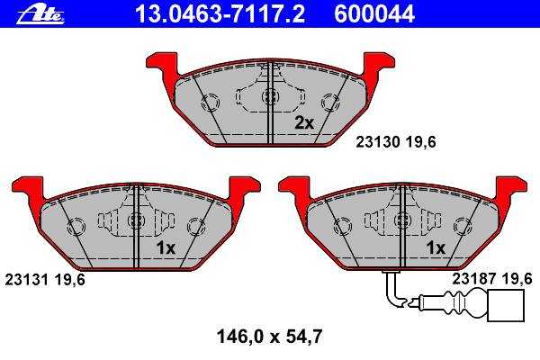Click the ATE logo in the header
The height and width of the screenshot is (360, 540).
(x=40, y=15)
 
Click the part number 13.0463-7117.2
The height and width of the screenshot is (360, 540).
(x=220, y=14)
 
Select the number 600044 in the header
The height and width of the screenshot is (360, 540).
(x=374, y=14)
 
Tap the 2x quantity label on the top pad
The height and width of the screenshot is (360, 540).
(x=304, y=122)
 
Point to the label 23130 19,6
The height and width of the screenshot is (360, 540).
(x=396, y=142)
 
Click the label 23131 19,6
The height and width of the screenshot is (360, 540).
(x=45, y=280)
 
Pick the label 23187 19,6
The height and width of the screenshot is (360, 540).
(x=492, y=278)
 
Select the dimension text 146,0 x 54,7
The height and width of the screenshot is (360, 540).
(x=269, y=337)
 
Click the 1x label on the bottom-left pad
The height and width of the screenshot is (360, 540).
(x=166, y=247)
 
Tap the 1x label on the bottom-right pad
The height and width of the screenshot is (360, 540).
(x=436, y=247)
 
